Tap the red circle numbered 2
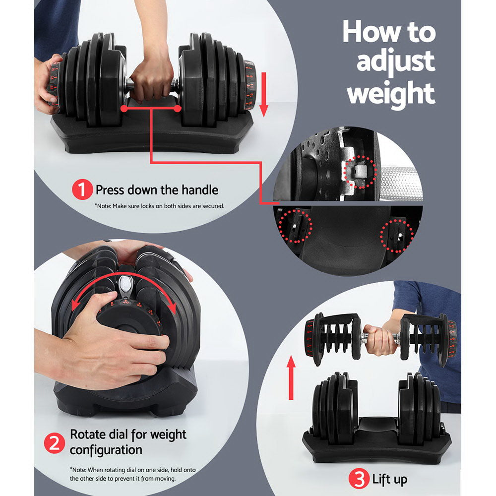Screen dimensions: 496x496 click(55, 442)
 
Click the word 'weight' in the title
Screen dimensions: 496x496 click(391, 93)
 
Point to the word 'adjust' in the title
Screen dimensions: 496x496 click(395, 62)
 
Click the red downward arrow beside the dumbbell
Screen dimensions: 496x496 click(263, 94)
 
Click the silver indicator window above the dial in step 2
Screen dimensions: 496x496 click(125, 286)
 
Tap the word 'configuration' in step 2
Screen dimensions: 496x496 click(106, 450)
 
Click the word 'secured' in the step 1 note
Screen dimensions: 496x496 click(212, 205)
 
